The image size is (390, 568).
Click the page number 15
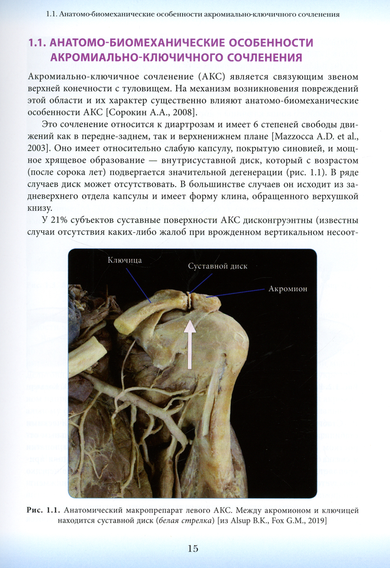[193, 549]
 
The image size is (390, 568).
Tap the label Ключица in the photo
[124, 260]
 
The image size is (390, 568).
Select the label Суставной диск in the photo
[218, 266]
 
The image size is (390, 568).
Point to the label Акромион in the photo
[288, 289]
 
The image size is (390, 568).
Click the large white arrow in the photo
[190, 343]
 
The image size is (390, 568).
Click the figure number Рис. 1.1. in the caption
[43, 510]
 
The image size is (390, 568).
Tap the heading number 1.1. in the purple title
[37, 43]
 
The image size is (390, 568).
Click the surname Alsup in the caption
[241, 520]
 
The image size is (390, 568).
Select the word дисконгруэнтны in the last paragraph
[277, 220]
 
